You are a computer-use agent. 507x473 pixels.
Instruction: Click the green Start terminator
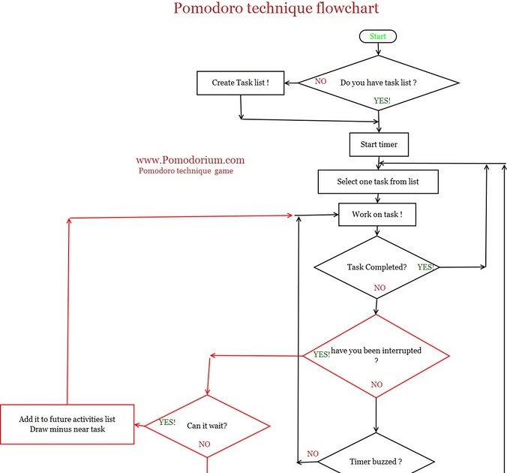377,36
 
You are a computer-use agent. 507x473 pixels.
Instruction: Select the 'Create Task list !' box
241,83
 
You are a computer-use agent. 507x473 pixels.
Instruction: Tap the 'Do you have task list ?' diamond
378,83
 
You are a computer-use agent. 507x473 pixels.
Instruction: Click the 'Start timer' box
378,143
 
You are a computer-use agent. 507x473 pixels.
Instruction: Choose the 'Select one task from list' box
377,181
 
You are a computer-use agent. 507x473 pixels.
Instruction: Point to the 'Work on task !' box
377,215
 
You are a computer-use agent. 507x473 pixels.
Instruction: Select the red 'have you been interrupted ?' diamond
376,355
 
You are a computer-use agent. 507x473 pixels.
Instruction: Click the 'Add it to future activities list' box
67,423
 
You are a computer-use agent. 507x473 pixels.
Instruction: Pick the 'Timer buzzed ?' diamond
375,460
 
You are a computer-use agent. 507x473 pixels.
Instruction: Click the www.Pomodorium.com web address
190,160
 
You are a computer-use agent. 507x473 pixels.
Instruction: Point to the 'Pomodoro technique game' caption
186,171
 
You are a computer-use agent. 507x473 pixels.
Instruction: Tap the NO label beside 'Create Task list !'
320,81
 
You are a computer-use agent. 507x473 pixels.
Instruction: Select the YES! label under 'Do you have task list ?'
382,101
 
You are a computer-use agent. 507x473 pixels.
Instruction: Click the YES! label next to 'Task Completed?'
426,267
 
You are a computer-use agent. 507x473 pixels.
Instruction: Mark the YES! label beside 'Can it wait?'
167,423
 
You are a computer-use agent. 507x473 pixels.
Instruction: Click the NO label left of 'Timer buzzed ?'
313,453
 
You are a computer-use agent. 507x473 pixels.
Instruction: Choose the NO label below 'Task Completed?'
379,288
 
